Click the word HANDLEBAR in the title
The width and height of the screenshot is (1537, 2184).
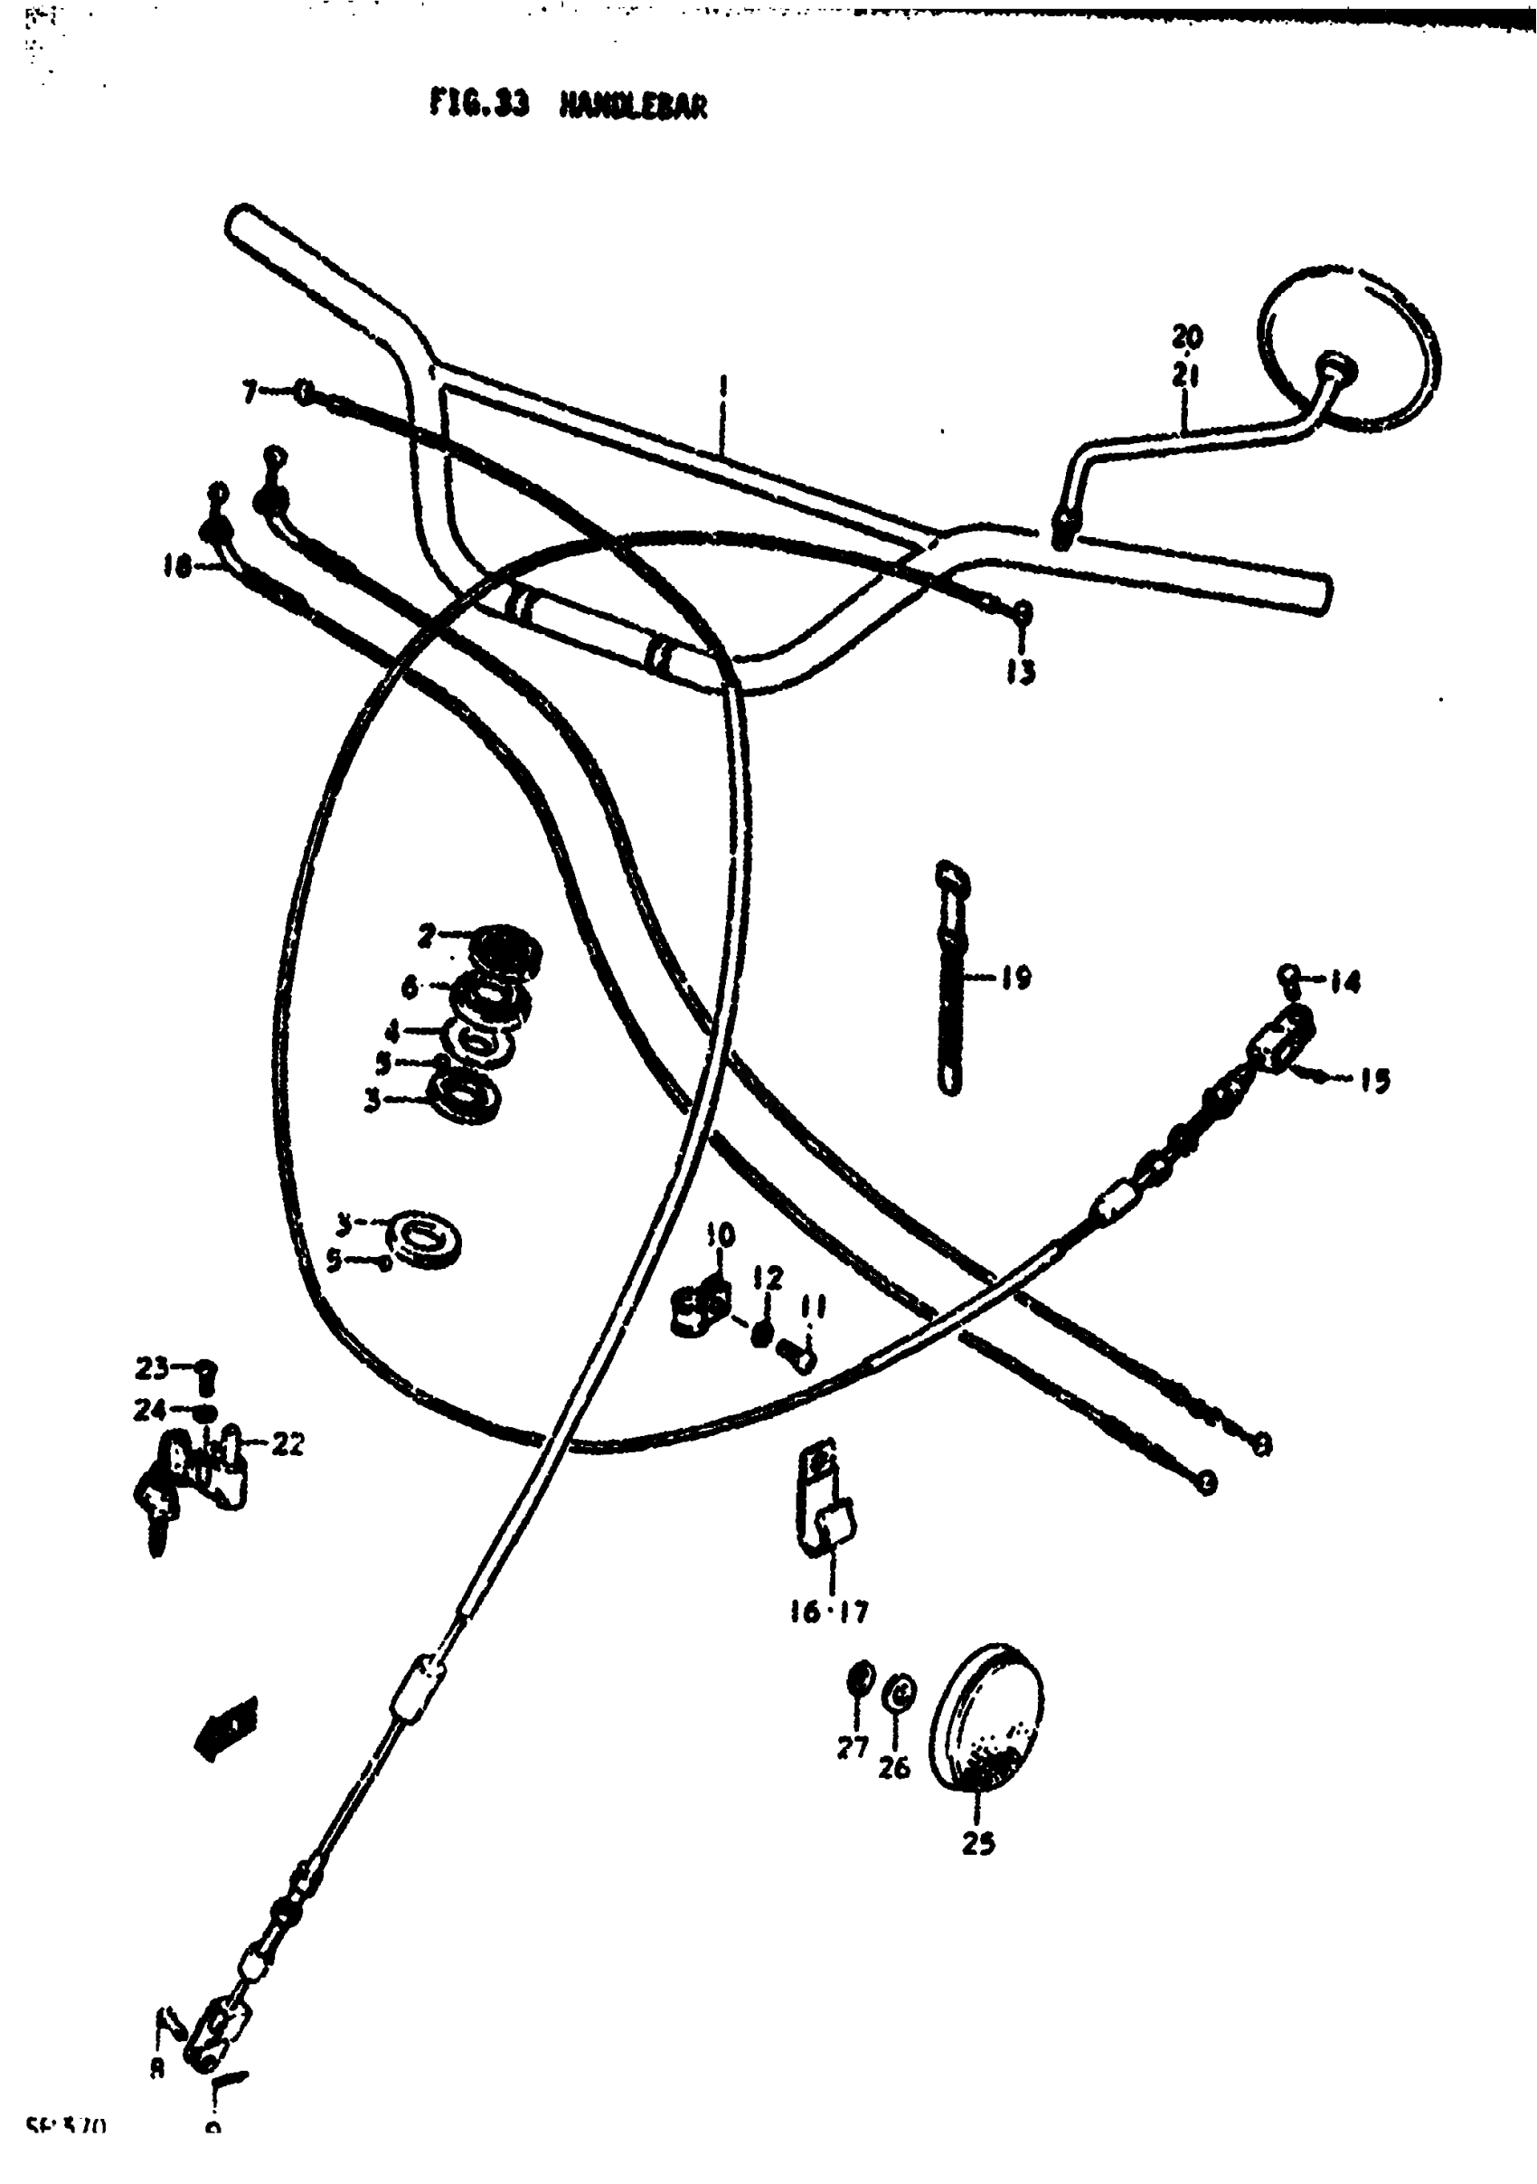click(x=634, y=106)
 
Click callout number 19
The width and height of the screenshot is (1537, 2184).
click(x=1016, y=977)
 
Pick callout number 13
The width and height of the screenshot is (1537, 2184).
click(x=1020, y=673)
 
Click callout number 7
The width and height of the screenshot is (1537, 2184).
click(x=250, y=391)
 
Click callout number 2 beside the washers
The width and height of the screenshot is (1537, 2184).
click(x=427, y=936)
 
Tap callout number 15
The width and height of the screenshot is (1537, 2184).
click(x=1374, y=1081)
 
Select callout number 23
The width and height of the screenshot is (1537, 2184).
click(x=153, y=1368)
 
